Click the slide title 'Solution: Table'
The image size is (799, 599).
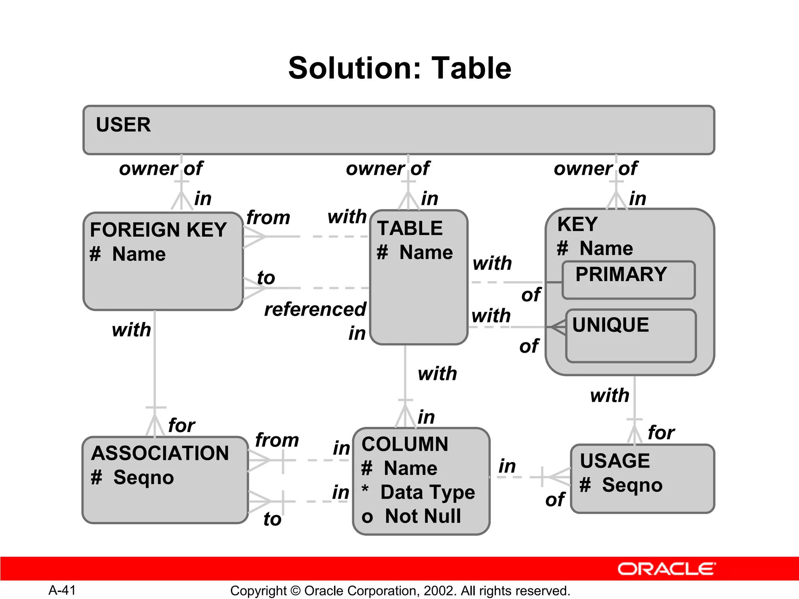pyautogui.click(x=399, y=68)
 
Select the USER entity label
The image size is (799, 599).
pyautogui.click(x=123, y=125)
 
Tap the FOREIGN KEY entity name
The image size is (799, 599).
pyautogui.click(x=158, y=230)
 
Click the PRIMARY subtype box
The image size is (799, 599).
pyautogui.click(x=628, y=280)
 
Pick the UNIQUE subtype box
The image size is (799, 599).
pyautogui.click(x=630, y=336)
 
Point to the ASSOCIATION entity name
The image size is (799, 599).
pyautogui.click(x=160, y=454)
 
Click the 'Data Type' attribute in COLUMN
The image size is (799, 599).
pyautogui.click(x=428, y=492)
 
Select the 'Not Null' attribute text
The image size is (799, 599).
pyautogui.click(x=423, y=516)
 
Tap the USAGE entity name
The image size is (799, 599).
pyautogui.click(x=615, y=461)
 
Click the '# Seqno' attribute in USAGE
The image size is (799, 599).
pyautogui.click(x=621, y=485)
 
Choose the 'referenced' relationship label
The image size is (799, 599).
pyautogui.click(x=315, y=310)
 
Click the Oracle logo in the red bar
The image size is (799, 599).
pyautogui.click(x=666, y=569)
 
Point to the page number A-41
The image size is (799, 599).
pyautogui.click(x=62, y=590)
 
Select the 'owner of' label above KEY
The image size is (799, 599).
pyautogui.click(x=595, y=168)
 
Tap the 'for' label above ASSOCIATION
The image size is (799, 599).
pyautogui.click(x=181, y=425)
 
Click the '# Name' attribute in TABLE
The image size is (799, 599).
pyautogui.click(x=415, y=252)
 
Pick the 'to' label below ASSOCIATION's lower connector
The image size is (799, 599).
pyautogui.click(x=272, y=519)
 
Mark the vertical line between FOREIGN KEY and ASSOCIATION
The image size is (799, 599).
pyautogui.click(x=155, y=359)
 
